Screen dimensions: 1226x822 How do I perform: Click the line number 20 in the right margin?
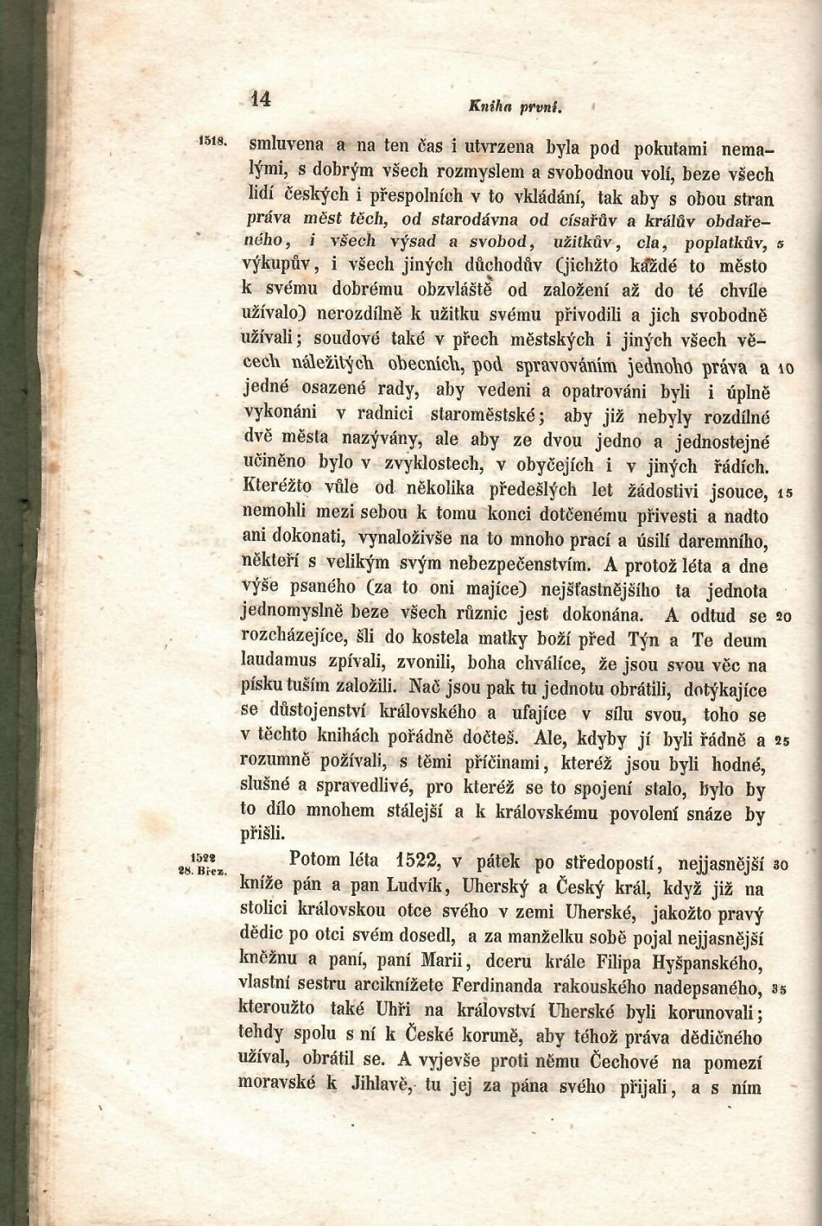click(x=782, y=617)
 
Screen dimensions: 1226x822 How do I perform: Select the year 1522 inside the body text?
click(x=417, y=861)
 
